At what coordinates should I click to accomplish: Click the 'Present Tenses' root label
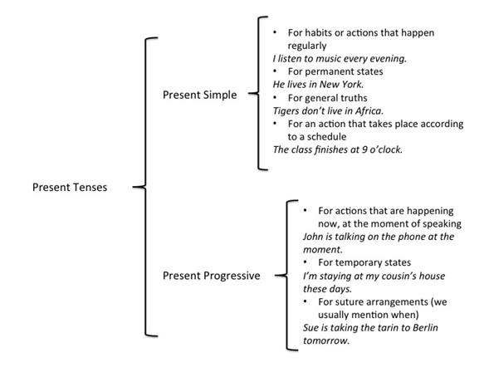tap(70, 187)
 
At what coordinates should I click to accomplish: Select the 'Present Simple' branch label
tap(199, 95)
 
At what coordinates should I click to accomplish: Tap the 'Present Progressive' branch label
tap(212, 276)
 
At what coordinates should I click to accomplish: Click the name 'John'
tap(313, 237)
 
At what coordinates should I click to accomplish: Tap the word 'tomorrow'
tap(326, 340)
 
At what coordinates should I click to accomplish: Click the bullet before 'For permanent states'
tap(275, 71)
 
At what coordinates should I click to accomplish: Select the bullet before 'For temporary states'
tap(305, 262)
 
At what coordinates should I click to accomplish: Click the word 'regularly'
tap(307, 46)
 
